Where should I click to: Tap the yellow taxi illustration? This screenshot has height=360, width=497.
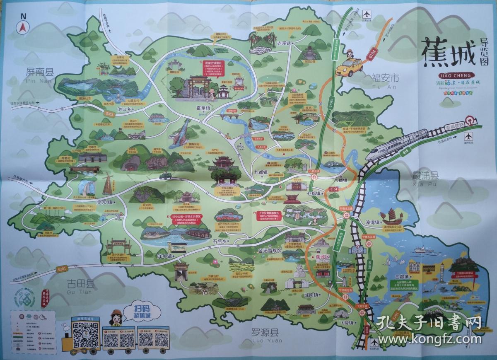[x=348, y=67]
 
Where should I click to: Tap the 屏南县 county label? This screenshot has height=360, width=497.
[x=39, y=72]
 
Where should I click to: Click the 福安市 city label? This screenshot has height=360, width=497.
[x=385, y=77]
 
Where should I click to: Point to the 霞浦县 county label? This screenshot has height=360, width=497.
[x=425, y=175]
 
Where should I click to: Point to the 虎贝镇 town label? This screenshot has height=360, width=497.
[x=104, y=203]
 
